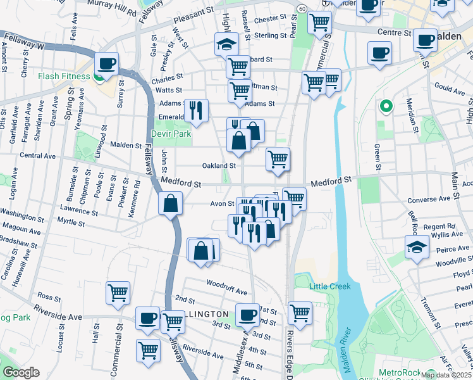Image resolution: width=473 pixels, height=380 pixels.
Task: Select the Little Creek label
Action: (x=329, y=286)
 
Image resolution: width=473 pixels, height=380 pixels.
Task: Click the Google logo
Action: (x=20, y=372)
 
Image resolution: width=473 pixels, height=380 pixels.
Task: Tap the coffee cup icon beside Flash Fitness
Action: (x=106, y=64)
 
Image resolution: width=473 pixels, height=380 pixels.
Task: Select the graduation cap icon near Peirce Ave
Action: (x=417, y=247)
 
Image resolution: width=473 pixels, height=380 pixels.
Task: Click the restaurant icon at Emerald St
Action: (x=197, y=111)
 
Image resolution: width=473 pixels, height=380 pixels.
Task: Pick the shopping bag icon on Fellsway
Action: (x=171, y=204)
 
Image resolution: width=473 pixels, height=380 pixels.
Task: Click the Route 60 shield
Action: (x=302, y=8)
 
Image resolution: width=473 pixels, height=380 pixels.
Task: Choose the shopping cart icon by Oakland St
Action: (x=278, y=159)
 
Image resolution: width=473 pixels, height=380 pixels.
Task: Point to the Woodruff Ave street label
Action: (x=226, y=291)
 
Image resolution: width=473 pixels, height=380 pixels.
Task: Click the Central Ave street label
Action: (x=38, y=156)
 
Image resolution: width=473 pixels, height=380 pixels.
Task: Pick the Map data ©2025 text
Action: (x=446, y=375)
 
